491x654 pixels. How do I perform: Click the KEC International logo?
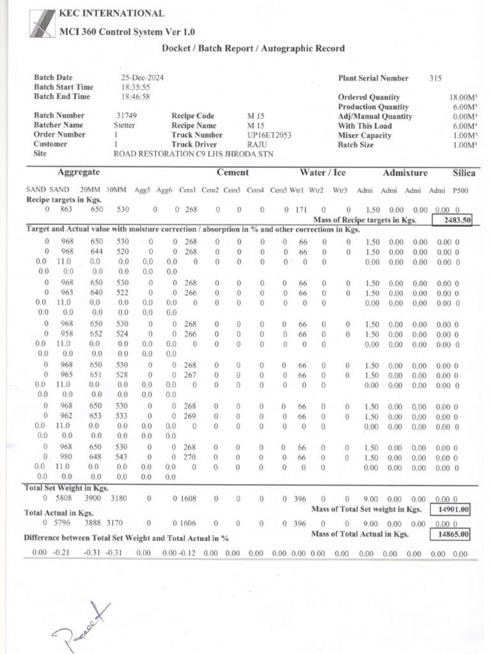coord(43,24)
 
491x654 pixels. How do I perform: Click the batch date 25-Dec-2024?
coord(143,78)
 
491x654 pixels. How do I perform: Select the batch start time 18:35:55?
coord(136,87)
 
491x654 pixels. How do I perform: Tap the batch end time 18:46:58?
coord(136,97)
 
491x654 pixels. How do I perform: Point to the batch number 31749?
coord(127,116)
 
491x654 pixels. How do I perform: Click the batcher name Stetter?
coord(125,126)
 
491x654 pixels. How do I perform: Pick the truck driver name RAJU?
coord(257,145)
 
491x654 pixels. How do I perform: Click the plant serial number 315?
coord(436,79)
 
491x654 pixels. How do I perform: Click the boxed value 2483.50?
coord(452,220)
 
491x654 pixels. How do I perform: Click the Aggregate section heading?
coord(78,173)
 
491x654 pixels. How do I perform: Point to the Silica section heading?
coord(464,173)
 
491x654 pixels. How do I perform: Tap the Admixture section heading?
coord(405,173)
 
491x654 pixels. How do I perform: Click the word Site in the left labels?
coord(40,154)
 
